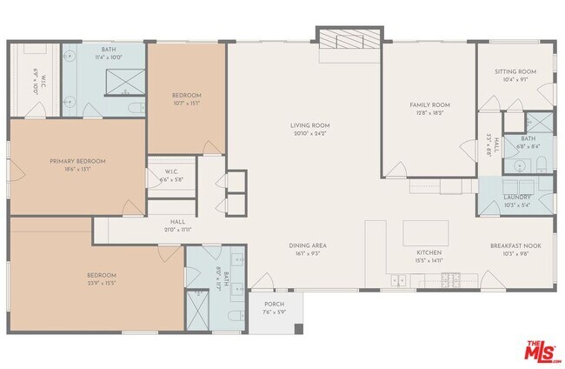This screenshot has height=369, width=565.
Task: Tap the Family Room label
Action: pos(427,104)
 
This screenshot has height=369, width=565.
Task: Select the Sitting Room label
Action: pos(515,71)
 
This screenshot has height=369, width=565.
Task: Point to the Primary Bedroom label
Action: pos(77,161)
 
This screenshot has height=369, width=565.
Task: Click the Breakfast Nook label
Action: pos(515,245)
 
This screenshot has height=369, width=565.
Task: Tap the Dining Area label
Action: pos(308,245)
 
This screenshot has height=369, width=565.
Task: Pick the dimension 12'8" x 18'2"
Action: pos(427,112)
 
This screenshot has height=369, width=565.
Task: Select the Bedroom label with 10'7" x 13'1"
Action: pos(186,98)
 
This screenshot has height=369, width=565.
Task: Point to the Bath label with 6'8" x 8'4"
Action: pos(528,142)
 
